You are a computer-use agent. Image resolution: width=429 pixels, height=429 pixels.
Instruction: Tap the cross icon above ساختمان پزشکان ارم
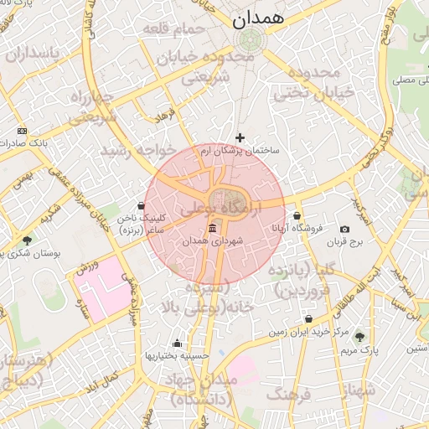(240, 137)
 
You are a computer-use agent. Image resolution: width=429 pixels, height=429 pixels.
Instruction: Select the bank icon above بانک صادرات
(22, 131)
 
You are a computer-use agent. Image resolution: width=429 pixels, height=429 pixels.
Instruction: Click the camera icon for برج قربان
(344, 230)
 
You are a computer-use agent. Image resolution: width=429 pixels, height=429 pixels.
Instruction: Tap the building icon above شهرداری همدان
(212, 230)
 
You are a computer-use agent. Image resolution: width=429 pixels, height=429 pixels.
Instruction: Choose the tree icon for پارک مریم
(360, 337)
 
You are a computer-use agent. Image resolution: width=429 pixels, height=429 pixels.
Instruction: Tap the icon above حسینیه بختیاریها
(176, 343)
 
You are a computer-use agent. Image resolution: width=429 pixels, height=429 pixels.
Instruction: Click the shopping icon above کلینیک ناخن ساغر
(141, 205)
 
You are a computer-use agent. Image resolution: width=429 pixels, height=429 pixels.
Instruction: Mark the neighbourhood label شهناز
(360, 389)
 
